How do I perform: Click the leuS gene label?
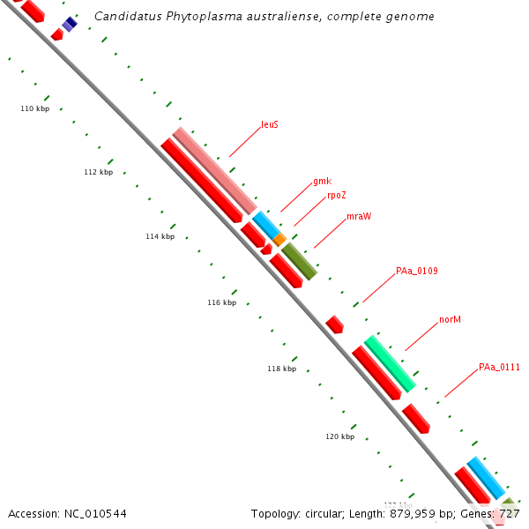pyautogui.click(x=270, y=124)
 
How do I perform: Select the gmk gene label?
pyautogui.click(x=322, y=182)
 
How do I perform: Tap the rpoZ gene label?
pyautogui.click(x=336, y=195)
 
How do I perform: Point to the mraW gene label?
pyautogui.click(x=359, y=216)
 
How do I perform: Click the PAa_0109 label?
pyautogui.click(x=416, y=271)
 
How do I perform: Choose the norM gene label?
pyautogui.click(x=450, y=320)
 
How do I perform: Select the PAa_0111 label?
pyautogui.click(x=499, y=367)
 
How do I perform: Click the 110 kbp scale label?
pyautogui.click(x=35, y=108)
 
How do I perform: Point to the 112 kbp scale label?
pyautogui.click(x=99, y=172)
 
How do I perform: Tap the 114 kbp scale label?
pyautogui.click(x=160, y=236)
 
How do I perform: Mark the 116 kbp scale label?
pyautogui.click(x=222, y=302)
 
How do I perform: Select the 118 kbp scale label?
pyautogui.click(x=281, y=369)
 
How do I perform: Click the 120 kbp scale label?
pyautogui.click(x=339, y=436)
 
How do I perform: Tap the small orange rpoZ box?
pyautogui.click(x=279, y=239)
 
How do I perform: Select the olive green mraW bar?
pyautogui.click(x=299, y=261)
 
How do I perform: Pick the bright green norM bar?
pyautogui.click(x=390, y=363)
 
